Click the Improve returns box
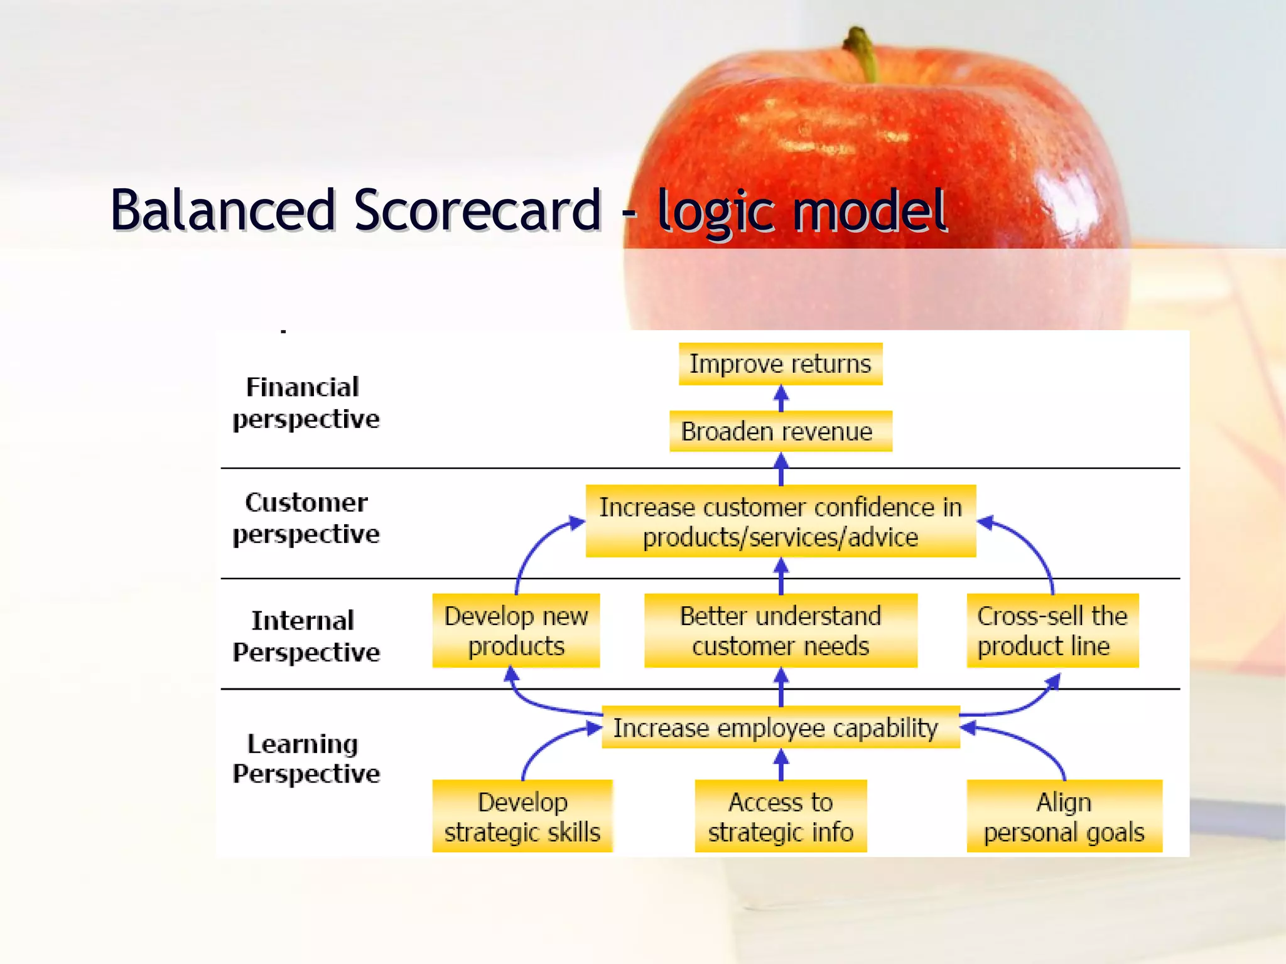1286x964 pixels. (780, 363)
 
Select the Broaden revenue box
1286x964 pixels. (780, 431)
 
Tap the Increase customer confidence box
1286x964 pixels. (780, 521)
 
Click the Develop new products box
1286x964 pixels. (516, 630)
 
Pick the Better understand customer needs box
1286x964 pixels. (780, 630)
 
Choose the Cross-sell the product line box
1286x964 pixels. (1052, 630)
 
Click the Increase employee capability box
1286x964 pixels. (780, 727)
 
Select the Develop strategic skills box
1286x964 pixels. (522, 816)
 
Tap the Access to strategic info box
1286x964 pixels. (780, 816)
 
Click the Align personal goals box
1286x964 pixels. (1064, 816)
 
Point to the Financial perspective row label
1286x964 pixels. (305, 403)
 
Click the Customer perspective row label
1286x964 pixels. (305, 518)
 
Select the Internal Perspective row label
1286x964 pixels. (305, 636)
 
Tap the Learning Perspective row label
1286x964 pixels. (305, 758)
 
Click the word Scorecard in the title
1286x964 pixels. (477, 210)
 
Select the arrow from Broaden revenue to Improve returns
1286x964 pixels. (781, 398)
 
